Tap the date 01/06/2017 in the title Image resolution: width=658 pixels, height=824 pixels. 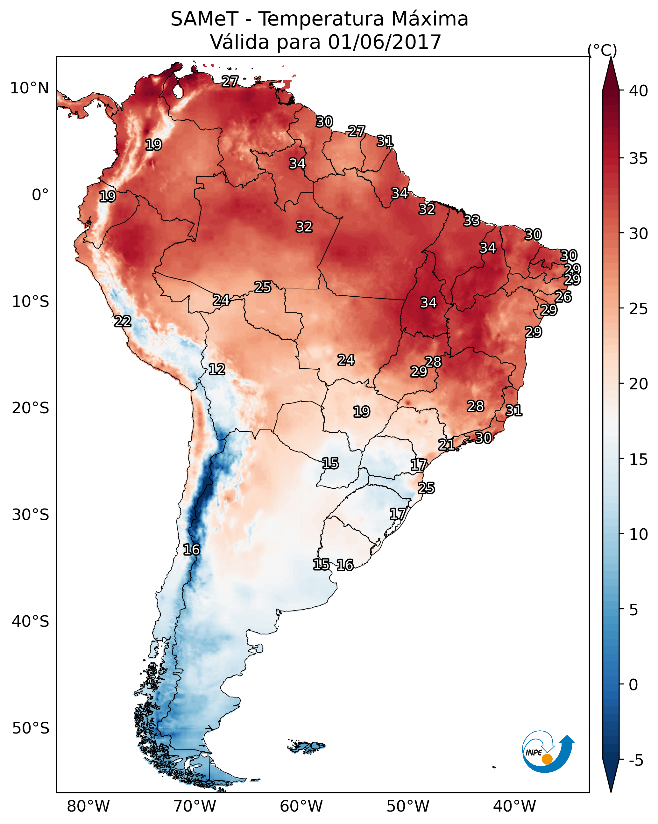click(384, 42)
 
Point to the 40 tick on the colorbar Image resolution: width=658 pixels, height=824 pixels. click(638, 91)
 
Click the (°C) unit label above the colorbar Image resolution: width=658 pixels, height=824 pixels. click(602, 50)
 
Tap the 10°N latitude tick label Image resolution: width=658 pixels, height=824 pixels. click(29, 88)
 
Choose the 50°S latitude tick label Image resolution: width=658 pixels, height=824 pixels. click(31, 728)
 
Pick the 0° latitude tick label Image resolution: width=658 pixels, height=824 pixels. click(40, 195)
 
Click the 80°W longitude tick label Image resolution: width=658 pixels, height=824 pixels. click(88, 806)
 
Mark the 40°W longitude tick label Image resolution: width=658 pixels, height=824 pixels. click(514, 806)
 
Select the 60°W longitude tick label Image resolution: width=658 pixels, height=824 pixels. click(301, 806)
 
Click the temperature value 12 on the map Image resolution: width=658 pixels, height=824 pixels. click(217, 369)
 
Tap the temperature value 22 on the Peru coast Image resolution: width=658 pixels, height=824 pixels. click(123, 322)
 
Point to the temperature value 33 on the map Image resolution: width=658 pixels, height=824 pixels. click(472, 220)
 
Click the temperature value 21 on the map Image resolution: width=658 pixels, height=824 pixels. click(446, 445)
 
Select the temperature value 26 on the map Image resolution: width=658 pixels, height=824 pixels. click(563, 297)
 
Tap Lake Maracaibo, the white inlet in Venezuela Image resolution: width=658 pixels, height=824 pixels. click(178, 91)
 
